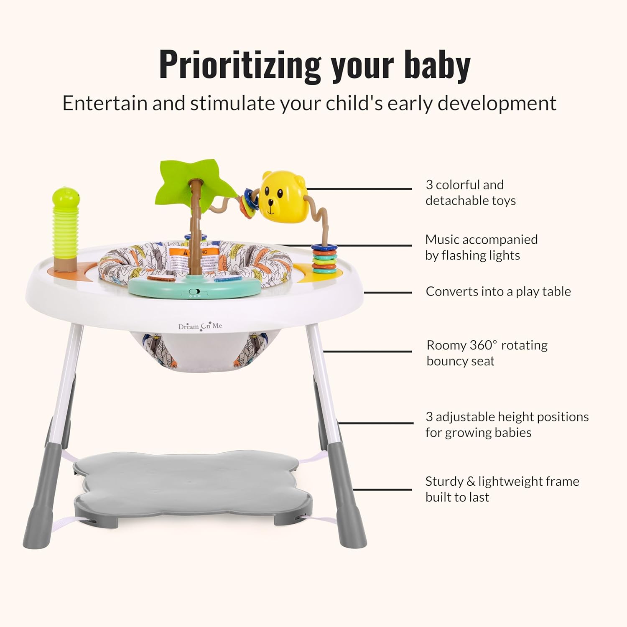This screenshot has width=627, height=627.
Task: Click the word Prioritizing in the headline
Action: (240, 66)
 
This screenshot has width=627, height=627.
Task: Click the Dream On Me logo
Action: (200, 326)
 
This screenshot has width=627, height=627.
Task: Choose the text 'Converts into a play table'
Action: (498, 291)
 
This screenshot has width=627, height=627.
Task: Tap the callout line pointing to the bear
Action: (359, 189)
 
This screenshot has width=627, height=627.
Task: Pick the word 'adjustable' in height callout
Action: (465, 417)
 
